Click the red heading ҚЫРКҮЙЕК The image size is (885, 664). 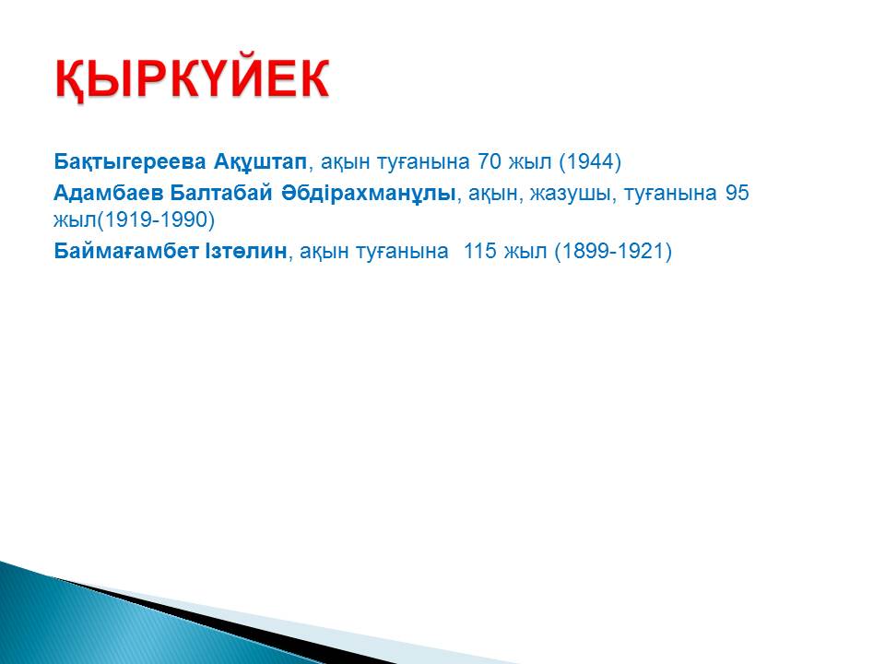(x=192, y=79)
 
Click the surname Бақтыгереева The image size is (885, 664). (x=130, y=162)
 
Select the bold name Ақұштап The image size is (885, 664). (x=260, y=162)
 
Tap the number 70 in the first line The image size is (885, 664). (x=490, y=162)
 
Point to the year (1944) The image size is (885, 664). (x=590, y=162)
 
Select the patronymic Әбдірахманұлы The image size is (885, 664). (x=368, y=193)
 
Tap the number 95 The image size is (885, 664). (x=737, y=193)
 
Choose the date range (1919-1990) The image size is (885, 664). (x=156, y=219)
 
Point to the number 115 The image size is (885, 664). (x=479, y=251)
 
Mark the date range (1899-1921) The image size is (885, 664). (x=613, y=251)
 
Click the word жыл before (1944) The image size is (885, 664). (x=530, y=162)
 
